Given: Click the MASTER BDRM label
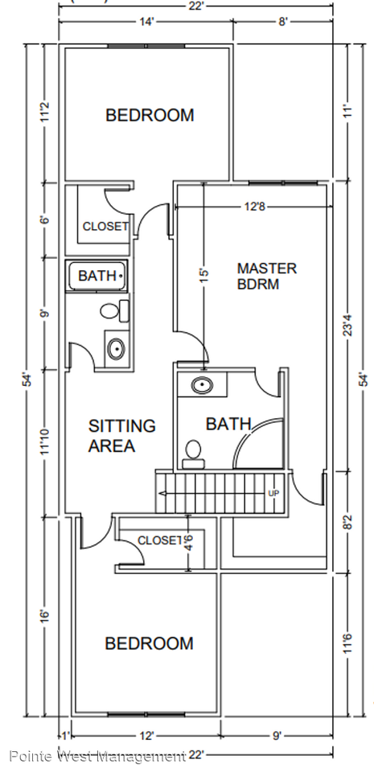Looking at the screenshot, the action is tap(267, 276).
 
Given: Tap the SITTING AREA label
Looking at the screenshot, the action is tap(121, 436).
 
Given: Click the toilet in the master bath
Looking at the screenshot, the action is tap(193, 454).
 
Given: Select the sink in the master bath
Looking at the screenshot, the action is tap(202, 385).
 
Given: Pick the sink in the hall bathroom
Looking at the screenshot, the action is tap(116, 349).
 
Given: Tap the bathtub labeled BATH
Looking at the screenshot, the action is tap(97, 276).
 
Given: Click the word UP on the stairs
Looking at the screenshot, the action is tap(273, 493).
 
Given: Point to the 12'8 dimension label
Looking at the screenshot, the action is tap(253, 207).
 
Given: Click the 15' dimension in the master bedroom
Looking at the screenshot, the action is tap(205, 274).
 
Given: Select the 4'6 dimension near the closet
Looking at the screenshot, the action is tap(188, 543).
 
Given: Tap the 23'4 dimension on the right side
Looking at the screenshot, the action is tap(349, 326).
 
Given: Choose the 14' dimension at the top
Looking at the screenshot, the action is tap(146, 23).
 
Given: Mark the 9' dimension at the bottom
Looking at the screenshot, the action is tap(277, 736).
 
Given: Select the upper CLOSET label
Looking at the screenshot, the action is tap(105, 227).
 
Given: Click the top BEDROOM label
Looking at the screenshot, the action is tap(150, 115).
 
